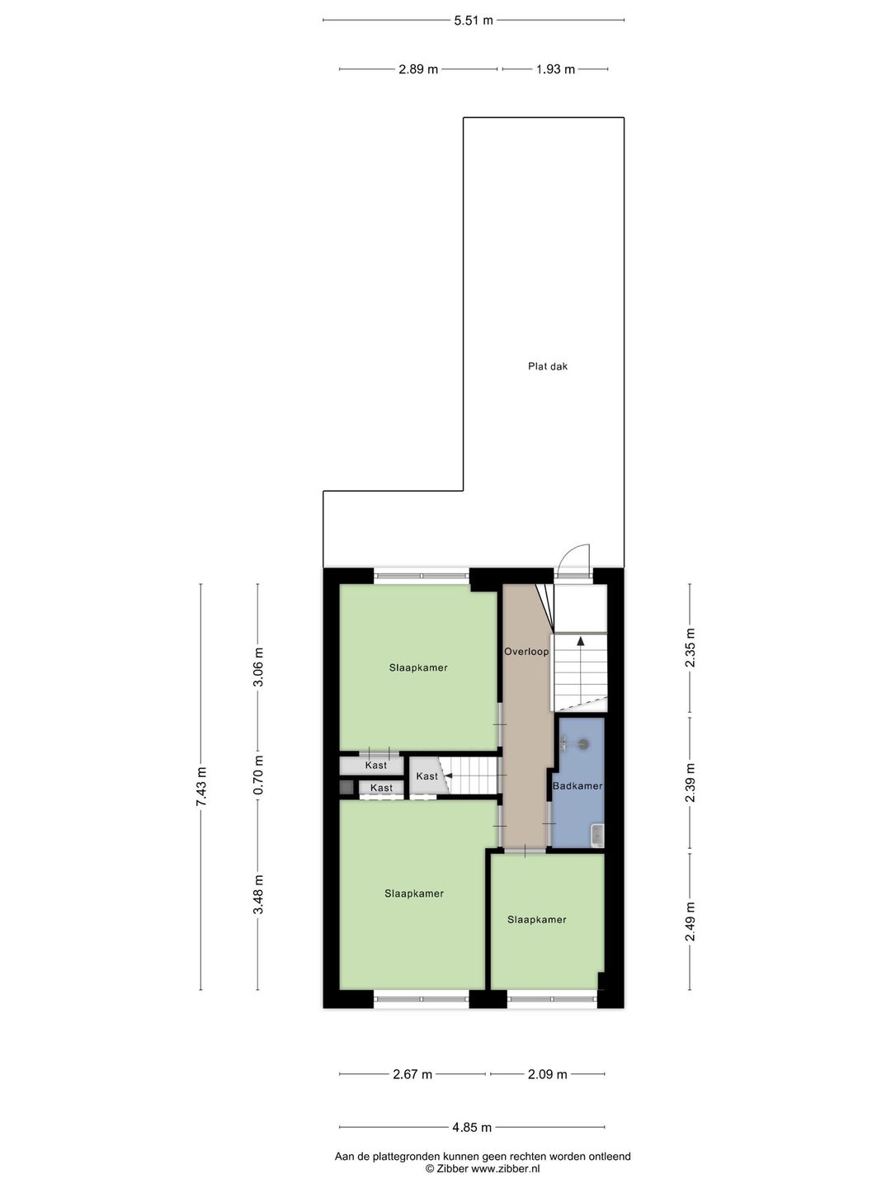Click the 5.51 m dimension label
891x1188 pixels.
pyautogui.click(x=474, y=20)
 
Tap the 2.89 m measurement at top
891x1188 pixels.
pyautogui.click(x=417, y=69)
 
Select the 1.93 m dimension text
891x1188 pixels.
pyautogui.click(x=555, y=69)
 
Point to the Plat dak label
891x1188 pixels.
pyautogui.click(x=548, y=366)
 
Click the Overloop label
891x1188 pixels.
pyautogui.click(x=526, y=652)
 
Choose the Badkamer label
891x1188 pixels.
pyautogui.click(x=577, y=786)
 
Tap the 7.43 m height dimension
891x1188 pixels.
pyautogui.click(x=200, y=787)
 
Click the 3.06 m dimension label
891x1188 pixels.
pyautogui.click(x=258, y=668)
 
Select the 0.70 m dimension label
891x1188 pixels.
pyautogui.click(x=258, y=775)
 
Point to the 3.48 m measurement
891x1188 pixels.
pyautogui.click(x=258, y=894)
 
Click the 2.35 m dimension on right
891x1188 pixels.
pyautogui.click(x=691, y=648)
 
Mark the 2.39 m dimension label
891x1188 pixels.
pyautogui.click(x=691, y=784)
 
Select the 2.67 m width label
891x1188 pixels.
pyautogui.click(x=412, y=1074)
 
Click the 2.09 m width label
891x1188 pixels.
pyautogui.click(x=548, y=1074)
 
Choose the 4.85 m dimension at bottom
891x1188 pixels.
pyautogui.click(x=472, y=1127)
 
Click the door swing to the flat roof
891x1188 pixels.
pyautogui.click(x=574, y=559)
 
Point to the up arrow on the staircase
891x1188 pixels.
pyautogui.click(x=581, y=640)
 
